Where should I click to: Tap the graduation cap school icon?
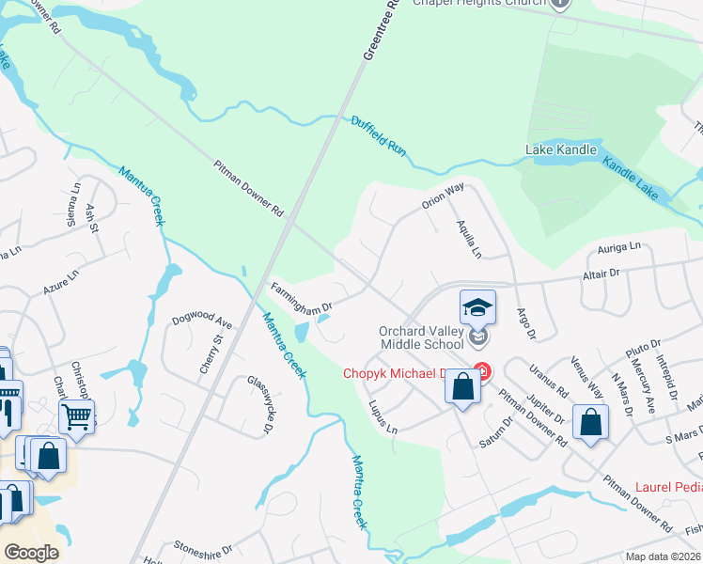pyautogui.click(x=477, y=305)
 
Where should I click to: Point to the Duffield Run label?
pyautogui.click(x=379, y=135)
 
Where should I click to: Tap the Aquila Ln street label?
pyautogui.click(x=468, y=239)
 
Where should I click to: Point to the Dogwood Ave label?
pyautogui.click(x=201, y=320)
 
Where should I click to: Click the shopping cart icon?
pyautogui.click(x=76, y=414)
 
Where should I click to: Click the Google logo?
pyautogui.click(x=30, y=552)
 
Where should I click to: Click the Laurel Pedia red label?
pyautogui.click(x=668, y=487)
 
